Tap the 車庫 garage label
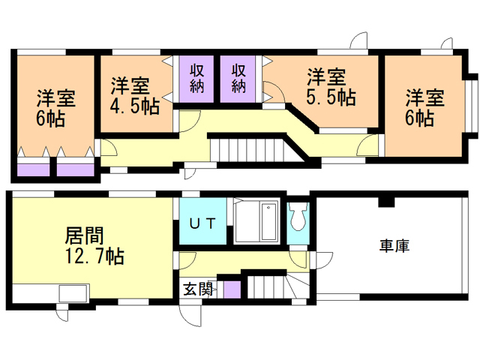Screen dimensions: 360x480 click(393, 246)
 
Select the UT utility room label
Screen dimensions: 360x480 click(202, 223)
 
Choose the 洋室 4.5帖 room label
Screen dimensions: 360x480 click(133, 94)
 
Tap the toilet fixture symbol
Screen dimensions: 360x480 click(298, 218)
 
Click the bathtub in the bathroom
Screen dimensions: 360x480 click(256, 222)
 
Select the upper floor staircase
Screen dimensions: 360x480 click(247, 147)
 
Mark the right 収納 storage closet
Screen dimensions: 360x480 click(238, 78)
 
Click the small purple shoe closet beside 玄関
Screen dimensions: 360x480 click(231, 289)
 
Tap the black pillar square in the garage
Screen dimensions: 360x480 click(385, 201)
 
